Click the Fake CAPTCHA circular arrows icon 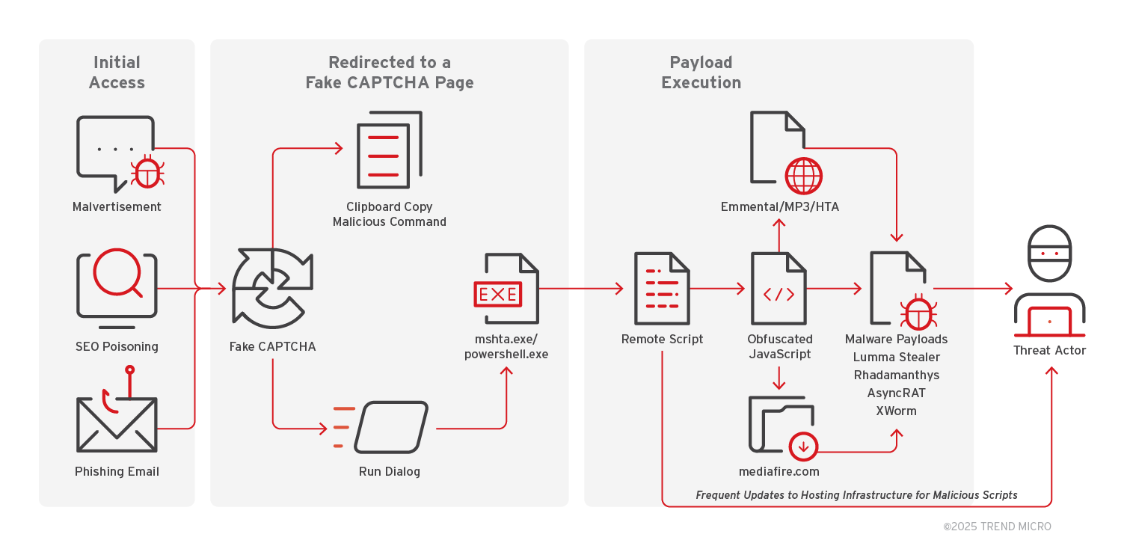[x=272, y=289]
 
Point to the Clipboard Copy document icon [x=389, y=150]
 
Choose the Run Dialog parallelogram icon [x=390, y=427]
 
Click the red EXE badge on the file [x=498, y=294]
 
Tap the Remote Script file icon [x=662, y=288]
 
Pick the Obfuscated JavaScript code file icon [x=779, y=288]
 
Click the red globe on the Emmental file [x=803, y=176]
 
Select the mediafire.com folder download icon [x=782, y=426]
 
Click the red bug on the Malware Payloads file [x=918, y=313]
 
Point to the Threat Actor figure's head [x=1049, y=254]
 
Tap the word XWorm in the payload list [x=896, y=411]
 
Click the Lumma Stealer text [x=896, y=357]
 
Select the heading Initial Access [x=117, y=73]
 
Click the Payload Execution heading [x=701, y=73]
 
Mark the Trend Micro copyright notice [x=997, y=527]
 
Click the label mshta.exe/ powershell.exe [x=506, y=347]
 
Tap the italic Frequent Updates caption [x=856, y=495]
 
